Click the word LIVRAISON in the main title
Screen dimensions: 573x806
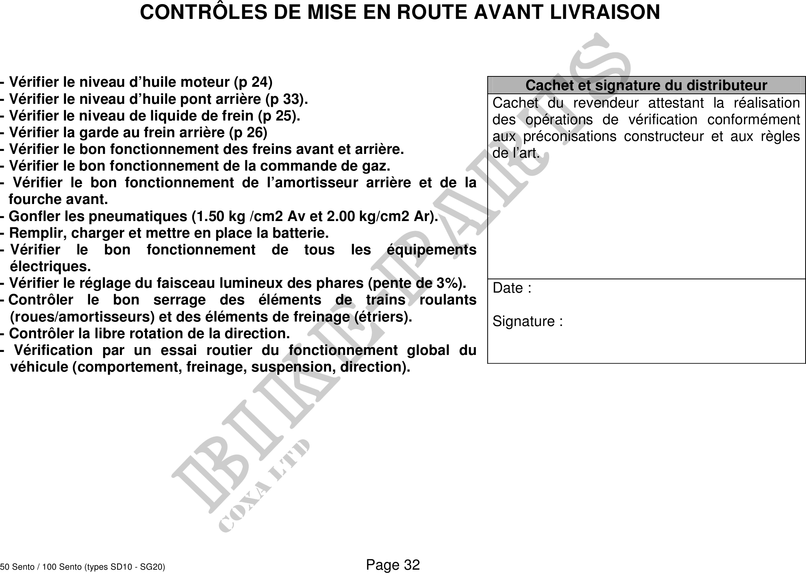[x=604, y=12]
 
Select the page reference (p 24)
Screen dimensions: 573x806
[x=253, y=82]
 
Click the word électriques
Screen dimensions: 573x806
[x=50, y=266]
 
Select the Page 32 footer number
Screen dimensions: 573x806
[x=393, y=565]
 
